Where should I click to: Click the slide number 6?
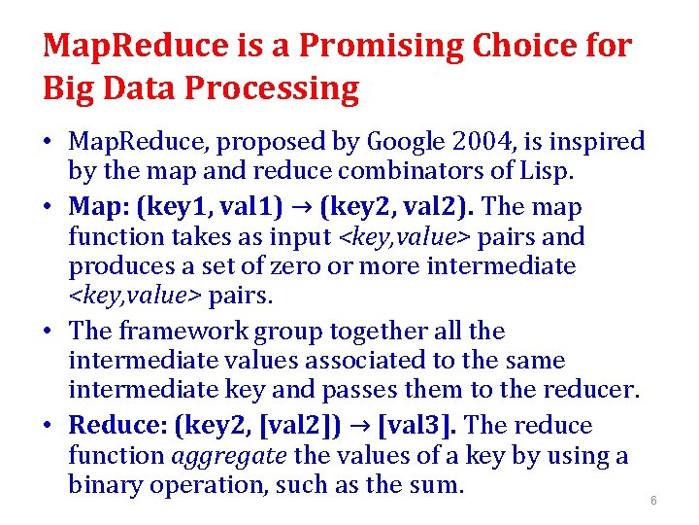653,501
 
